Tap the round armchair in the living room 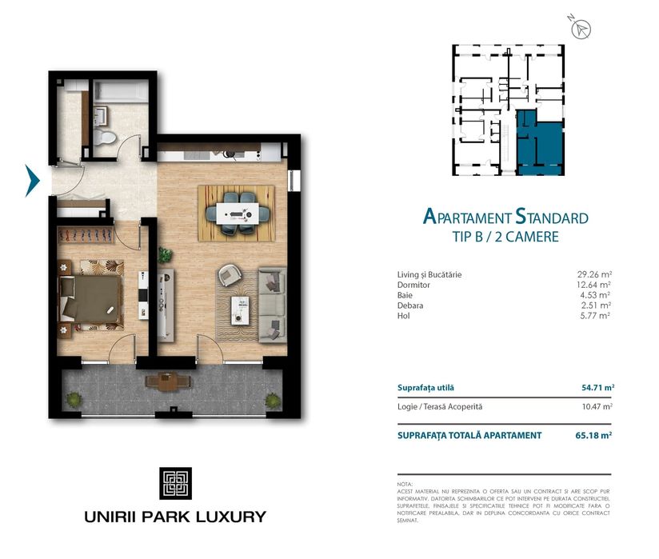pos(229,275)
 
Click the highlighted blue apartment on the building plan pos(537,142)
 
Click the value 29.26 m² pos(593,274)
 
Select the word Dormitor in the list pos(413,285)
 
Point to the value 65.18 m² pos(597,435)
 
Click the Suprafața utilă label pos(425,388)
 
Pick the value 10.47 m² pos(597,406)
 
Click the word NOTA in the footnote pos(405,485)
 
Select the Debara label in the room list pos(410,305)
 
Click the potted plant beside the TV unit pos(166,256)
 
